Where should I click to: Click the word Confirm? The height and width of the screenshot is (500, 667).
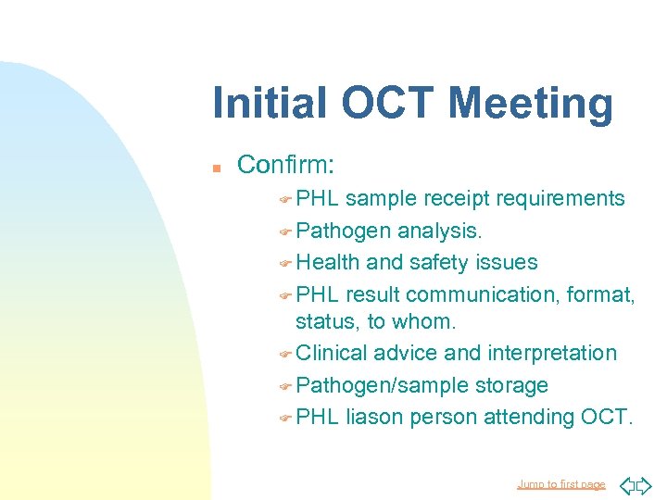tap(286, 165)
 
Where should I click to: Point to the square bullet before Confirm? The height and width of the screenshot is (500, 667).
tap(215, 168)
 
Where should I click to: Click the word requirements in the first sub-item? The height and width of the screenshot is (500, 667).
tap(560, 198)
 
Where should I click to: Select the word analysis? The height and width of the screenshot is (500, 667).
tap(453, 230)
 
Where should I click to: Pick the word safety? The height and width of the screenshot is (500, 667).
tap(439, 262)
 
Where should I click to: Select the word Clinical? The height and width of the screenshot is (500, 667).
tap(331, 353)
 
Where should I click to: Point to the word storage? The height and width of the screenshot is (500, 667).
tap(511, 384)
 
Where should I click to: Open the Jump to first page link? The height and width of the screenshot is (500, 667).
tap(560, 484)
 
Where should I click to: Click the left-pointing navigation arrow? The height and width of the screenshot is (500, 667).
tap(626, 484)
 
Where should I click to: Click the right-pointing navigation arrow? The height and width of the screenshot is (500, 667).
tap(645, 484)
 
